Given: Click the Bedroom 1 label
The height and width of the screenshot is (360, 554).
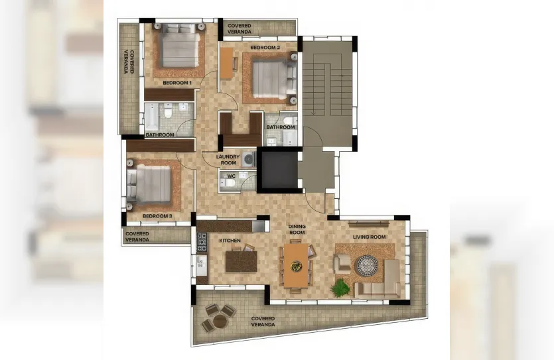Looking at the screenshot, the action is (x=177, y=83).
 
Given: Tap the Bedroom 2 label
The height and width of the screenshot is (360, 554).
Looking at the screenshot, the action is (x=265, y=47).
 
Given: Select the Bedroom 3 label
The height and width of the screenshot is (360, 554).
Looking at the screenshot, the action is (x=157, y=216).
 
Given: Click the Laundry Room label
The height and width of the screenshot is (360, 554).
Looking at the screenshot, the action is (x=228, y=160).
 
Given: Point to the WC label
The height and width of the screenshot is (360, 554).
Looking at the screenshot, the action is (x=232, y=176).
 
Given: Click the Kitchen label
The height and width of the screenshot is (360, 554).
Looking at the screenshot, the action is (x=230, y=241).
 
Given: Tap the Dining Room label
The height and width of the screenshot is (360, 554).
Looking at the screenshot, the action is (x=297, y=229).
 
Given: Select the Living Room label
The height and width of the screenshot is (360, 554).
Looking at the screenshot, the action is (x=369, y=237).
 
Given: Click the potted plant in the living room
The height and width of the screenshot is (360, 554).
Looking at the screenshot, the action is (x=340, y=288).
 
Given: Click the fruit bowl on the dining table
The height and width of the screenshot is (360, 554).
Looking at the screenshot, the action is (x=296, y=266).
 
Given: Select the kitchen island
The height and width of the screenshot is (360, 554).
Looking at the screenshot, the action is (x=242, y=261).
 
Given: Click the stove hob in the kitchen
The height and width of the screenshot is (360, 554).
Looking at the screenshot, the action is (x=202, y=242).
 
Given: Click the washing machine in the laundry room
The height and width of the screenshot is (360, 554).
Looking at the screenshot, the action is (x=249, y=159).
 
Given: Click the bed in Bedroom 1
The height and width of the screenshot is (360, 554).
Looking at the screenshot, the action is (x=178, y=46).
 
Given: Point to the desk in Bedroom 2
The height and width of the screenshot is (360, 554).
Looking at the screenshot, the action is (x=226, y=63).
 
